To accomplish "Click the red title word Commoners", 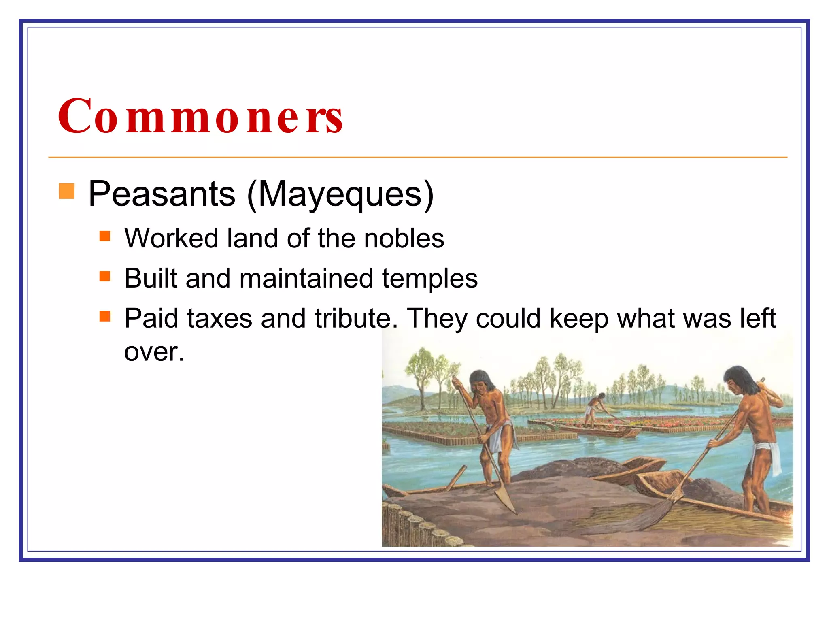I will pos(200,116).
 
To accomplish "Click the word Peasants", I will pos(162,194).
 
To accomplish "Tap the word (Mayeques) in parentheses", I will pos(340,195).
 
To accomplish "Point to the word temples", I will pos(429,279).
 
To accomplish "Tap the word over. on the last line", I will pos(154,351).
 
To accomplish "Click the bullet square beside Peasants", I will pos(67,191).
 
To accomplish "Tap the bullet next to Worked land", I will pos(105,236).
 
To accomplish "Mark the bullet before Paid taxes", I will pos(105,316).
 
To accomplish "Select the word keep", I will pos(579,318).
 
